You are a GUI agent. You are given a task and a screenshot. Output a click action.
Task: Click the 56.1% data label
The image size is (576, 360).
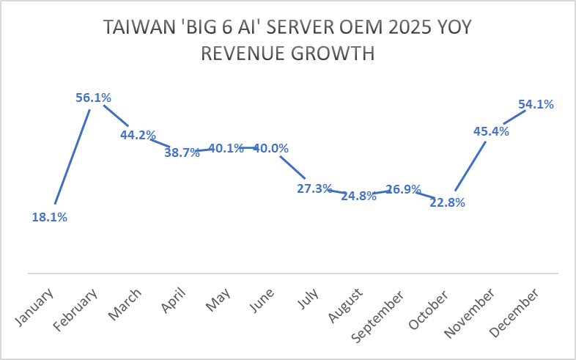pos(93,98)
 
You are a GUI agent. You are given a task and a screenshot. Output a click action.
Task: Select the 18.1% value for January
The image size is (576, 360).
pos(50,218)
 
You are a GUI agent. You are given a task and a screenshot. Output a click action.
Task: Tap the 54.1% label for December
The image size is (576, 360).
pos(536,105)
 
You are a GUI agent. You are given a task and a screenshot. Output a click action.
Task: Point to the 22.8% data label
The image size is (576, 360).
pos(448,202)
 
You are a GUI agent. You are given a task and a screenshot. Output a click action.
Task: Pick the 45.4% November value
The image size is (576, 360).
pos(491,131)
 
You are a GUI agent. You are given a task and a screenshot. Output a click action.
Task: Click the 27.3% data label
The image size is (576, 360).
pos(314,188)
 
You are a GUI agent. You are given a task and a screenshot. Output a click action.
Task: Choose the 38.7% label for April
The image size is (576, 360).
pos(182,152)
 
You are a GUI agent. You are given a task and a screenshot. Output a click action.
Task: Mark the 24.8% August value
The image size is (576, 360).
pos(358,196)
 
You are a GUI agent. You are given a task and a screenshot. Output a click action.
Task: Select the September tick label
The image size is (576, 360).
pos(378,316)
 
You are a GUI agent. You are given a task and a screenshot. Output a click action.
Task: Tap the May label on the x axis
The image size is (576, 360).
pos(218,299)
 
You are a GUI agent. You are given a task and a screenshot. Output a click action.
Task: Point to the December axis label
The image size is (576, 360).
pos(514,313)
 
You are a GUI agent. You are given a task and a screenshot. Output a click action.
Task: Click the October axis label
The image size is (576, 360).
pos(429,310)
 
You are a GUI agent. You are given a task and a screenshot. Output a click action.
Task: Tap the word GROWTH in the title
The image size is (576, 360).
pos(333,54)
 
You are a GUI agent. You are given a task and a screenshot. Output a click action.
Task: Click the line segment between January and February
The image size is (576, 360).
pos(72,156)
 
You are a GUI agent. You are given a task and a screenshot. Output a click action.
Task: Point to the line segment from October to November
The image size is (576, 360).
pos(470,166)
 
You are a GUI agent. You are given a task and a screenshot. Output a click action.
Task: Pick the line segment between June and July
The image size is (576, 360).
pos(292,167)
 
